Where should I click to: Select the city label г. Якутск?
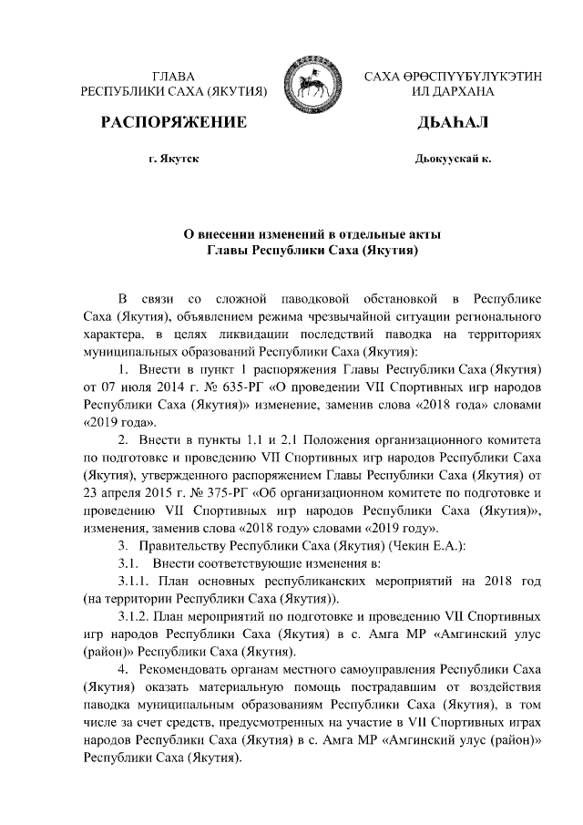173,159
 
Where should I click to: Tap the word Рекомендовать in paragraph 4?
189,667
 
